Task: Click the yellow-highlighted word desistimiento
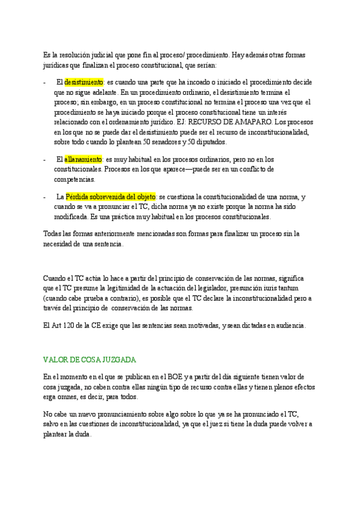pos(85,82)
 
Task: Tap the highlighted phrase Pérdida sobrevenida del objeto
pos(110,197)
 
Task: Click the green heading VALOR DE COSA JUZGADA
pos(90,360)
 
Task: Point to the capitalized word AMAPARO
pos(249,122)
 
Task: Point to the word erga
pos(52,397)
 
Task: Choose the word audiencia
pos(288,325)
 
